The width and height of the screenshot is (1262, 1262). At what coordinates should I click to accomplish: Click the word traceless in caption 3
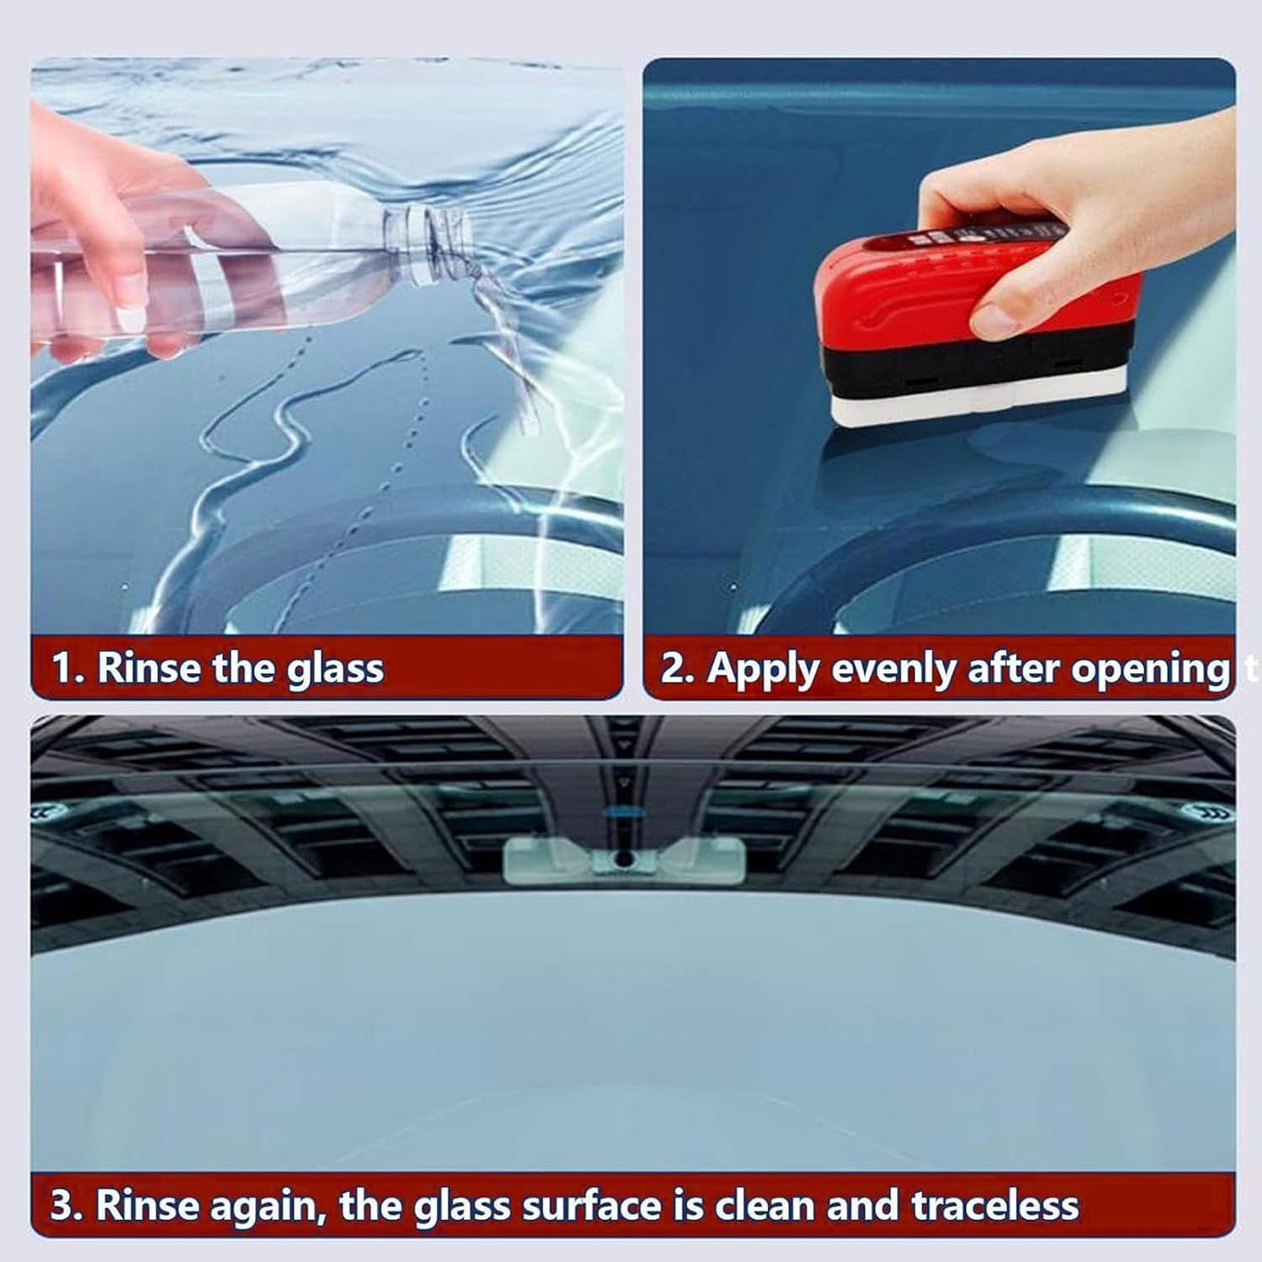click(995, 1206)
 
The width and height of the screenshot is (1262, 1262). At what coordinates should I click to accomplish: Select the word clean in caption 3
click(766, 1206)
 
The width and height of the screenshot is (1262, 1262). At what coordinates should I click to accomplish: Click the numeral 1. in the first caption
click(68, 669)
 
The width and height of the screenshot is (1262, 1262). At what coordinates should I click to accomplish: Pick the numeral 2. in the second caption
click(677, 669)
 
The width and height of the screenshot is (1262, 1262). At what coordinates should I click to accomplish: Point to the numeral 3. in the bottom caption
click(66, 1206)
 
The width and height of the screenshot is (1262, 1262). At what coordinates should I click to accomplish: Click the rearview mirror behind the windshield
click(623, 861)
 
